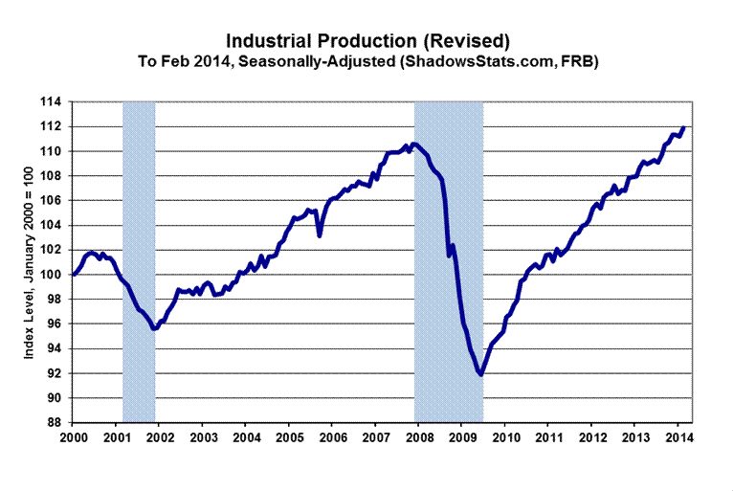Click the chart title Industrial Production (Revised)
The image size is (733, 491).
click(x=366, y=41)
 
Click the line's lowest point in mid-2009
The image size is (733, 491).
click(x=480, y=374)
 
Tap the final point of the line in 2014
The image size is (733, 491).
click(x=683, y=127)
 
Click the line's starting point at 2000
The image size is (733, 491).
click(x=74, y=275)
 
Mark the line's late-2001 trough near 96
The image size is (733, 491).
click(x=154, y=328)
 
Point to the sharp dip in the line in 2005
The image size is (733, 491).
click(x=320, y=234)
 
